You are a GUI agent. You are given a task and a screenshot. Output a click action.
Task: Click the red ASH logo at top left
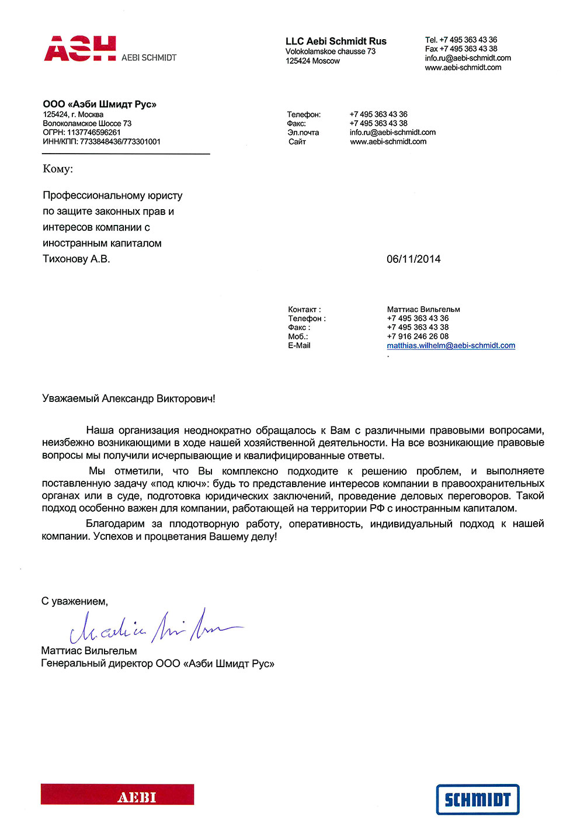(80, 48)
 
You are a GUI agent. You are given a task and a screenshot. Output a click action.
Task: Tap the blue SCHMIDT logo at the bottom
(478, 799)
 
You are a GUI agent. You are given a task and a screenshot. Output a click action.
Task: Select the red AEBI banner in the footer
(117, 795)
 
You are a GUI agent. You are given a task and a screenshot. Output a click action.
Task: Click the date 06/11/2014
(413, 259)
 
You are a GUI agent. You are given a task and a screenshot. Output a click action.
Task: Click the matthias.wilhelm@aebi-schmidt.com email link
(451, 346)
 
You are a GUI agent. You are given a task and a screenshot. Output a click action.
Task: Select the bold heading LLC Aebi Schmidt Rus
(336, 41)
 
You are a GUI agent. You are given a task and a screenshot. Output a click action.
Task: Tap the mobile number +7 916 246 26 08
(418, 336)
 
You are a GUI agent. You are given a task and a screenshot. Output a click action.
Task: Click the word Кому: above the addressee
(58, 169)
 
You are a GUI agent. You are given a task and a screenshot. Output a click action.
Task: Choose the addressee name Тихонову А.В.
(77, 259)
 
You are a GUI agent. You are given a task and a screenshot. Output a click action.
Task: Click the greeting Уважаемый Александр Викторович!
(128, 399)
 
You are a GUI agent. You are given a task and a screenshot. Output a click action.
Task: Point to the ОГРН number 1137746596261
(94, 133)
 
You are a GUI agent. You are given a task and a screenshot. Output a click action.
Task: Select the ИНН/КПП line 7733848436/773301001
(120, 141)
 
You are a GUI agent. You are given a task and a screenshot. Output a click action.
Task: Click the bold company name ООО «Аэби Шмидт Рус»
(100, 105)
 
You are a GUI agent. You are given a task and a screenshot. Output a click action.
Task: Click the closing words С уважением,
(75, 602)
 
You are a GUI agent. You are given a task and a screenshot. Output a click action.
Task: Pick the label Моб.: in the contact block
(298, 336)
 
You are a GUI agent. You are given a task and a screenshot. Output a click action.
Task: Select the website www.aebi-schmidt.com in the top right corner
(463, 68)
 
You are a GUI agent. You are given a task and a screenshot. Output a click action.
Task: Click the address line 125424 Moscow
(312, 61)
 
